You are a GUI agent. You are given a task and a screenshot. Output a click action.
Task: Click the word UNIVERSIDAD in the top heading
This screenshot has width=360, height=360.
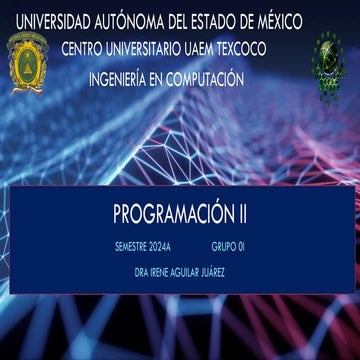click(49, 19)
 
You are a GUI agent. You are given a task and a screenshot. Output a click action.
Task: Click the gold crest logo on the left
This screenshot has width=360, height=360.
click(27, 62)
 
